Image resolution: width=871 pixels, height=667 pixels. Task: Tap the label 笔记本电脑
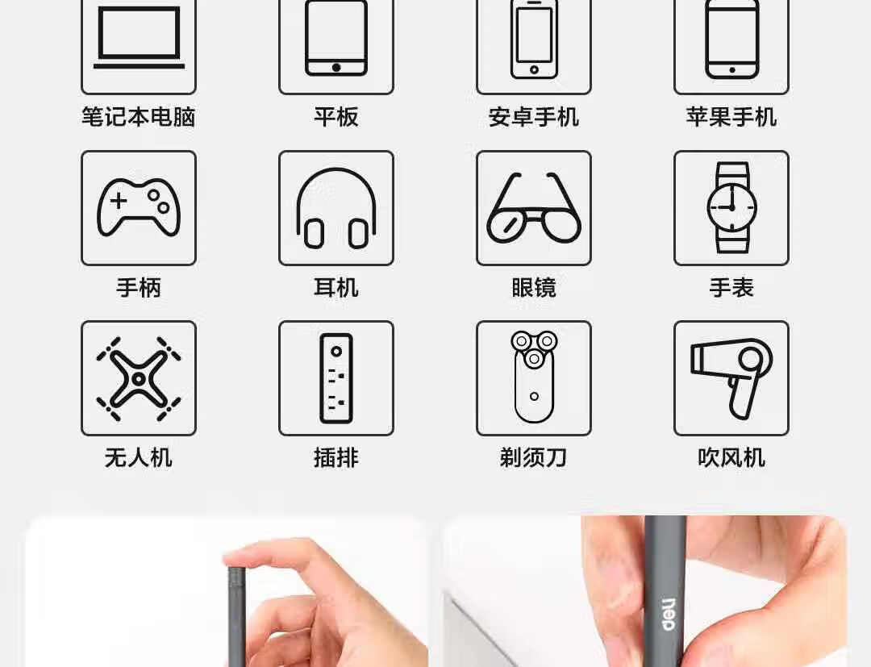(139, 117)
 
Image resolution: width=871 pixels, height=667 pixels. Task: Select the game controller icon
(139, 206)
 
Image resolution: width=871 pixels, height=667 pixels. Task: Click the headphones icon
(336, 208)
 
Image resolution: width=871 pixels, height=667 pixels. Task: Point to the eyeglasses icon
(534, 208)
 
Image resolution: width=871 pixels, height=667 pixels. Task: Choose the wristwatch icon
(731, 208)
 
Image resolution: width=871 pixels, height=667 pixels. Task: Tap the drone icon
(139, 378)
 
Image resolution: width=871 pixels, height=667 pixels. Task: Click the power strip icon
(336, 378)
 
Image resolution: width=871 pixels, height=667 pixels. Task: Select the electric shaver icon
(534, 377)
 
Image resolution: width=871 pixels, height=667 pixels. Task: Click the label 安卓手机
(534, 117)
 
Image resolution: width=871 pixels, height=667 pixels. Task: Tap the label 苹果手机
(731, 117)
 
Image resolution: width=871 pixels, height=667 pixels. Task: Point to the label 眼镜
(534, 288)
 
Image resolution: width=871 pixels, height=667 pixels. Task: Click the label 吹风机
(731, 458)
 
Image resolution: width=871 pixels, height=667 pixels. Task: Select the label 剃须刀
(534, 458)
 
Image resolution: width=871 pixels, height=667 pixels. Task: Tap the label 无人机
(139, 458)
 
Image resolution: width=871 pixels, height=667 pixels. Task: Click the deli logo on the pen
(669, 615)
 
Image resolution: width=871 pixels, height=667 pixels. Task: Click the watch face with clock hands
(731, 208)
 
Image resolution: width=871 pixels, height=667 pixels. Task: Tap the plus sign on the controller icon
(119, 201)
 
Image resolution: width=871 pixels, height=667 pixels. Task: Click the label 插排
(336, 458)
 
